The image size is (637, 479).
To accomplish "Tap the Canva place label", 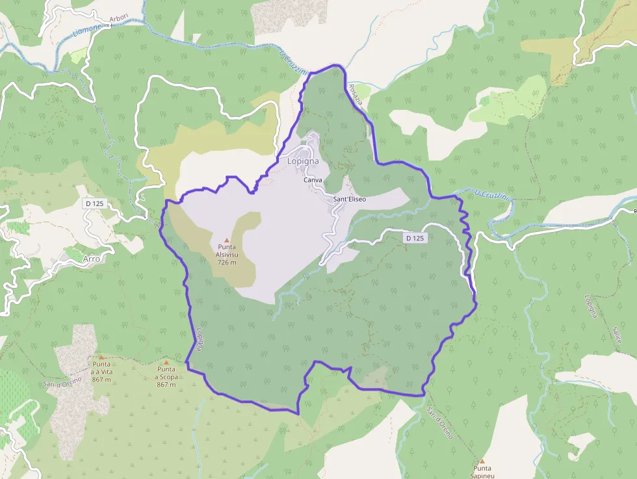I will (x=312, y=180).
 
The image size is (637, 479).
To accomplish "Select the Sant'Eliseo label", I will (x=349, y=199).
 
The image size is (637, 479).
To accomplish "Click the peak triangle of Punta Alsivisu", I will (x=227, y=240).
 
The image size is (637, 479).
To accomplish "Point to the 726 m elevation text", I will (x=227, y=263).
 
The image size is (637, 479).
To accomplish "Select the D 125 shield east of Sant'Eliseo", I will (x=415, y=239).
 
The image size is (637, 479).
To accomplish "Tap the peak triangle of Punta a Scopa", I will (x=166, y=363).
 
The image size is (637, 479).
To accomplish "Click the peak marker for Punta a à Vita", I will (x=101, y=356).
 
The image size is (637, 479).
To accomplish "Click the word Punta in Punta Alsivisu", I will (x=227, y=248).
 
